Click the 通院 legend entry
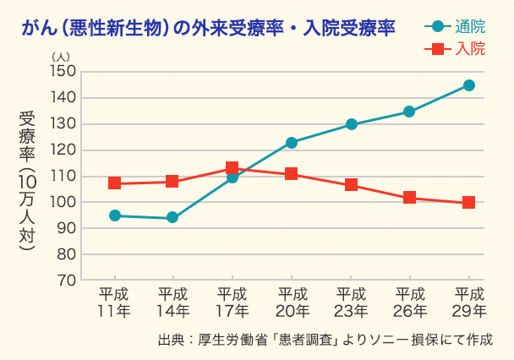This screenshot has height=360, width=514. click(x=454, y=26)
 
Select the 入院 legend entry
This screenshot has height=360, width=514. click(x=454, y=49)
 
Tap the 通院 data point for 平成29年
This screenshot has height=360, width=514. click(x=468, y=85)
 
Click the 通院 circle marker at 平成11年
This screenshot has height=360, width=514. click(x=114, y=215)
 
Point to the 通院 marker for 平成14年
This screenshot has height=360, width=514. click(x=172, y=218)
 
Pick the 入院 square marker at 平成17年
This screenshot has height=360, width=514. click(x=232, y=168)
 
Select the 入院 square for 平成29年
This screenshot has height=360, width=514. click(x=468, y=203)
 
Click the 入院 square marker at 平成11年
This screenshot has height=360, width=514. click(x=114, y=183)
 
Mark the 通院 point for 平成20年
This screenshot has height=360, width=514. click(x=291, y=143)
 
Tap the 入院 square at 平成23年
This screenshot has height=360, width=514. click(x=351, y=185)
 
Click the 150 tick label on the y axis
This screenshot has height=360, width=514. click(x=64, y=72)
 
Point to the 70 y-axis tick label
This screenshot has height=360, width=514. click(x=68, y=281)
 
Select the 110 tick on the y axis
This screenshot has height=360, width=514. click(x=64, y=177)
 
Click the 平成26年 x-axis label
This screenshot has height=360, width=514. click(x=409, y=303)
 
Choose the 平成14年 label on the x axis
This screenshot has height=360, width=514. click(x=172, y=303)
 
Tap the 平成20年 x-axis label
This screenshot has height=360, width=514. click(x=291, y=303)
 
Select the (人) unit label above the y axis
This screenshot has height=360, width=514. click(x=62, y=56)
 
